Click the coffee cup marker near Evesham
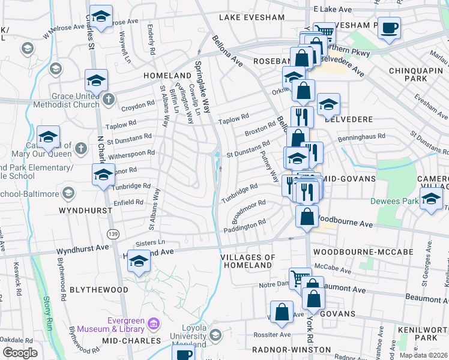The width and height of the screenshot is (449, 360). coord(390,28)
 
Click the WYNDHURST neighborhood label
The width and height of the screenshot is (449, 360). coord(85,211)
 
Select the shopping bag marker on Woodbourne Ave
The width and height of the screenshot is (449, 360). coord(307,217)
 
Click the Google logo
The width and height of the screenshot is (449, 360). coord(19,353)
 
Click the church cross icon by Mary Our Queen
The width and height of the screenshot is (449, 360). coord(82,147)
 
